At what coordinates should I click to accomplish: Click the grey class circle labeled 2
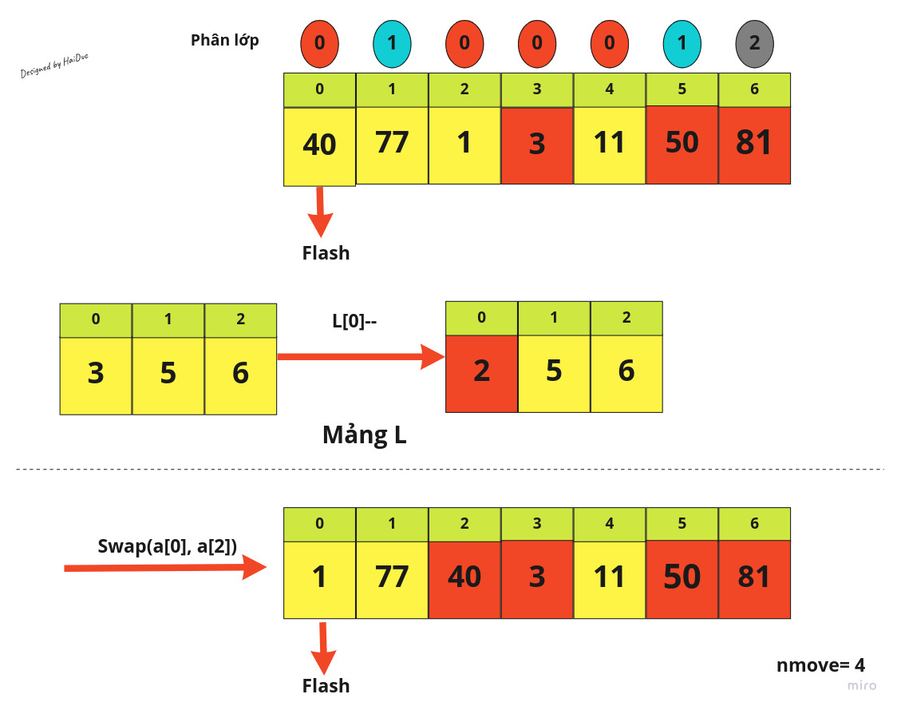(x=754, y=42)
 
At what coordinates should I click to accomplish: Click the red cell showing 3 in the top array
(x=537, y=145)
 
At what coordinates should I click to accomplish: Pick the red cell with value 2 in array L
(x=481, y=373)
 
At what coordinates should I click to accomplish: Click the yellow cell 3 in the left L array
(x=96, y=375)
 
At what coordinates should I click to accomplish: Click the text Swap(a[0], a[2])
(x=167, y=546)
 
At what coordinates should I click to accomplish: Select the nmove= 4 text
(x=820, y=665)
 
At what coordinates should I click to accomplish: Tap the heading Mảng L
(x=364, y=434)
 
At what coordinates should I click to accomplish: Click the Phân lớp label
(x=225, y=40)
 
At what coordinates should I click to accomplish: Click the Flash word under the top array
(x=326, y=253)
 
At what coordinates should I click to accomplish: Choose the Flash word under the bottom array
(x=326, y=685)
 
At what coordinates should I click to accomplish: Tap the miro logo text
(x=861, y=685)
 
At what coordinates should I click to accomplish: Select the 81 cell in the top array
(x=754, y=145)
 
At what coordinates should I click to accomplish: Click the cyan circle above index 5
(x=682, y=42)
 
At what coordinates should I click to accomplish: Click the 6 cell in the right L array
(x=626, y=372)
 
